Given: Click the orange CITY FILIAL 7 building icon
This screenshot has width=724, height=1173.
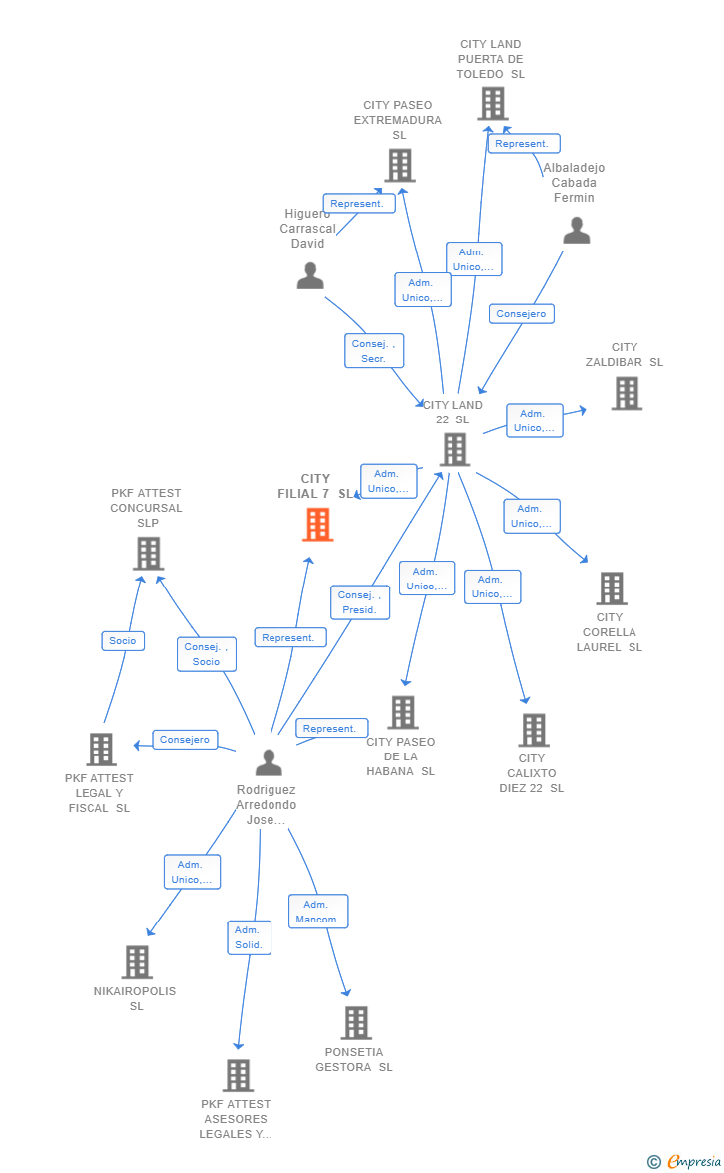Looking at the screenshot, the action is point(318,525).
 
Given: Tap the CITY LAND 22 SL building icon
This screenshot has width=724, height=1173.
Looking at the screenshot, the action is point(455,450).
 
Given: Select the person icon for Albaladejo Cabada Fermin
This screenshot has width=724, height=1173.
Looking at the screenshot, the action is point(577,231).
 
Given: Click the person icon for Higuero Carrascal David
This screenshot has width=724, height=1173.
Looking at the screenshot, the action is point(310,276).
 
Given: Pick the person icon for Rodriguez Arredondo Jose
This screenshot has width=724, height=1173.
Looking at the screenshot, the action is point(269,763).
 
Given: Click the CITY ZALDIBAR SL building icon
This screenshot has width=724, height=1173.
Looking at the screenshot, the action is point(627,393).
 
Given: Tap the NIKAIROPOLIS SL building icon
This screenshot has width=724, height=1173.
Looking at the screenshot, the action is point(138,962).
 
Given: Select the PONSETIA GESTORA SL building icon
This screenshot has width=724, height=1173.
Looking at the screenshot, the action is point(356,1023).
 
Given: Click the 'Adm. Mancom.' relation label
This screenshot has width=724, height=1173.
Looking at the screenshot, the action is point(318,912).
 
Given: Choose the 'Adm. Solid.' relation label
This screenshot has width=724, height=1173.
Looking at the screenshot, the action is point(250,937).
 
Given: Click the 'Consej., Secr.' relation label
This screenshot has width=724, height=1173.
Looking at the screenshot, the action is point(374,351).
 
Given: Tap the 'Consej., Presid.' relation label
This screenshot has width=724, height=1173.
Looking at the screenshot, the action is point(360,602).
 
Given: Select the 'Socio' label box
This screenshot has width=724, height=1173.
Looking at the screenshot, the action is point(123,641).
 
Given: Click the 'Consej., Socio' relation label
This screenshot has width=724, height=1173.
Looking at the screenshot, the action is point(207,654).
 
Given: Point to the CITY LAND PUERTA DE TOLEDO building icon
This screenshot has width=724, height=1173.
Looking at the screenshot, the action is point(493,104).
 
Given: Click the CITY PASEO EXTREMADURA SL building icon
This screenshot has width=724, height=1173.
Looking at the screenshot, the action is point(400,165).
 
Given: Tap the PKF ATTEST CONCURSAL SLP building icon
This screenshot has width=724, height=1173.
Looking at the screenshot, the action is point(149,554).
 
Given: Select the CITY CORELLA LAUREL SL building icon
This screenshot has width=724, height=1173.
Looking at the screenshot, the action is point(613,588).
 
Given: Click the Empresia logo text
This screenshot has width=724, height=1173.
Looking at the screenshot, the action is point(694,1161).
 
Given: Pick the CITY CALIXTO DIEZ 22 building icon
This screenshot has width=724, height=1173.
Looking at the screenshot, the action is point(535,730).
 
